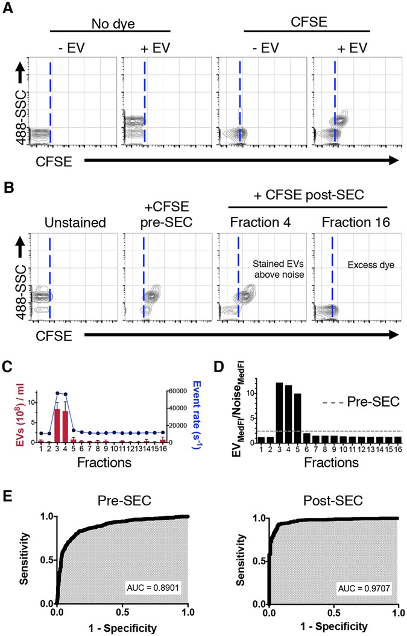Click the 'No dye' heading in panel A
pos(110,22)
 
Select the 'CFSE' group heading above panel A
pos(307,22)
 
